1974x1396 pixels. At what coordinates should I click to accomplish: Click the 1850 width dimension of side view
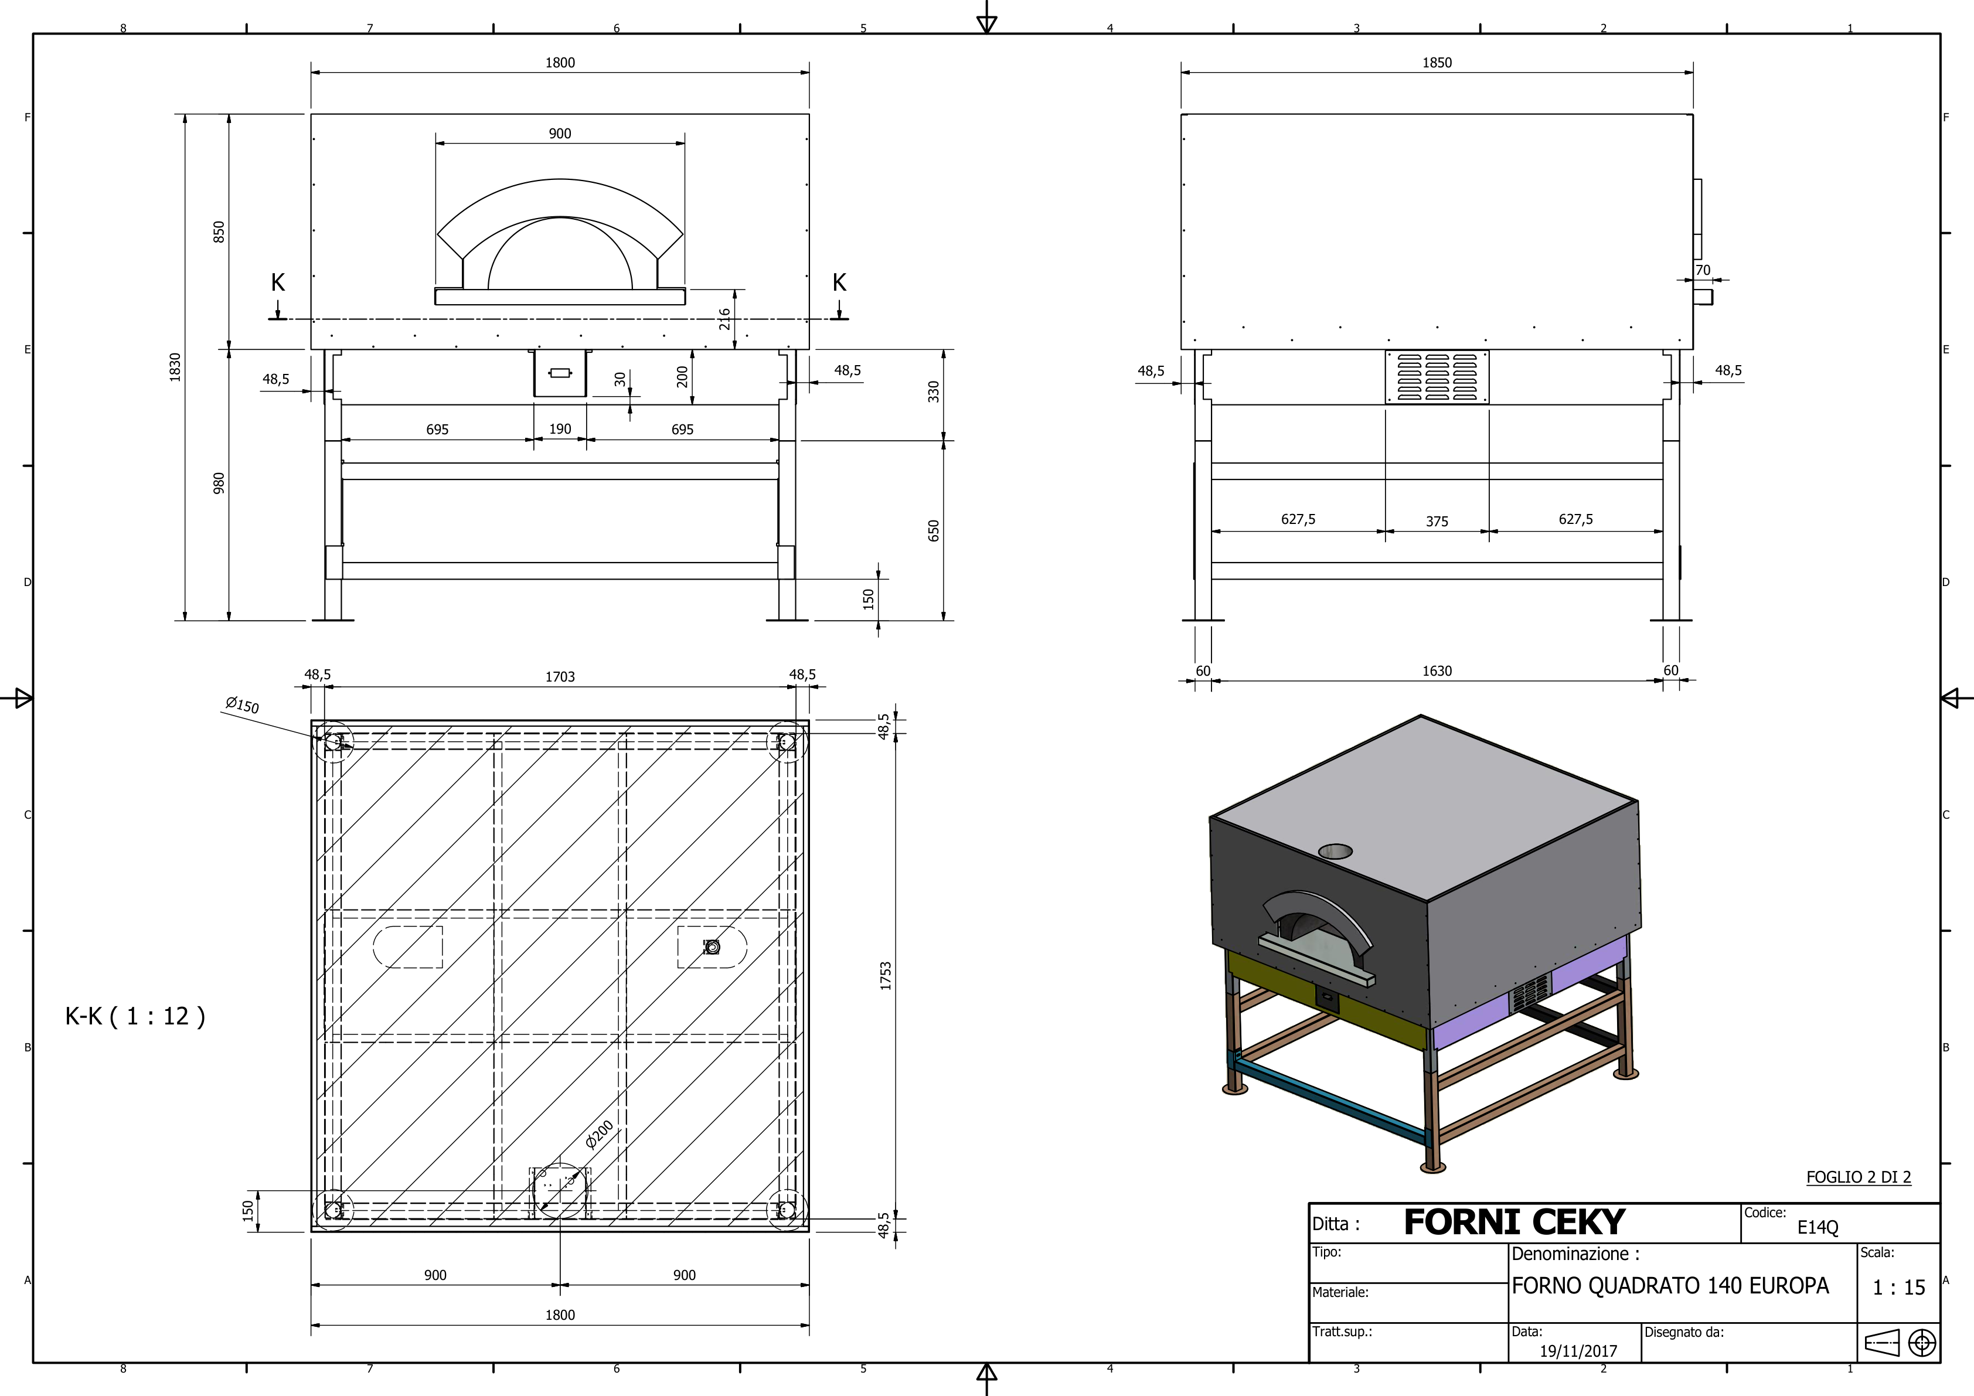pyautogui.click(x=1437, y=63)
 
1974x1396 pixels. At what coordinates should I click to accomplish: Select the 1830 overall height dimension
pyautogui.click(x=175, y=366)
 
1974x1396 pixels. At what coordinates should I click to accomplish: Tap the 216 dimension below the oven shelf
pyautogui.click(x=725, y=319)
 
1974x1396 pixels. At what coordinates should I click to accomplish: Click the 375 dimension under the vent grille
pyautogui.click(x=1437, y=522)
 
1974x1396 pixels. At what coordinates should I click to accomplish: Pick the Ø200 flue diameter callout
pyautogui.click(x=599, y=1135)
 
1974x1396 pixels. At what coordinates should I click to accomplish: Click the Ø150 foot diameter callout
pyautogui.click(x=241, y=706)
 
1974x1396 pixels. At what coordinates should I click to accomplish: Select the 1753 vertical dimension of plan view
pyautogui.click(x=886, y=976)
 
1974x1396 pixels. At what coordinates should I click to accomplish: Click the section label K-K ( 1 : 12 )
pyautogui.click(x=135, y=1017)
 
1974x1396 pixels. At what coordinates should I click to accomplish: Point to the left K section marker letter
pyautogui.click(x=278, y=283)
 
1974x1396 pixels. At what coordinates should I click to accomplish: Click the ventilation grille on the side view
pyautogui.click(x=1437, y=376)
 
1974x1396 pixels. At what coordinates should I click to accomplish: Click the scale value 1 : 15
pyautogui.click(x=1898, y=1288)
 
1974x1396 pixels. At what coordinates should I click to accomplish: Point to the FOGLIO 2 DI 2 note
pyautogui.click(x=1858, y=1177)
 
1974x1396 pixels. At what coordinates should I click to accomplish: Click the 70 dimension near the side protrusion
pyautogui.click(x=1702, y=270)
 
